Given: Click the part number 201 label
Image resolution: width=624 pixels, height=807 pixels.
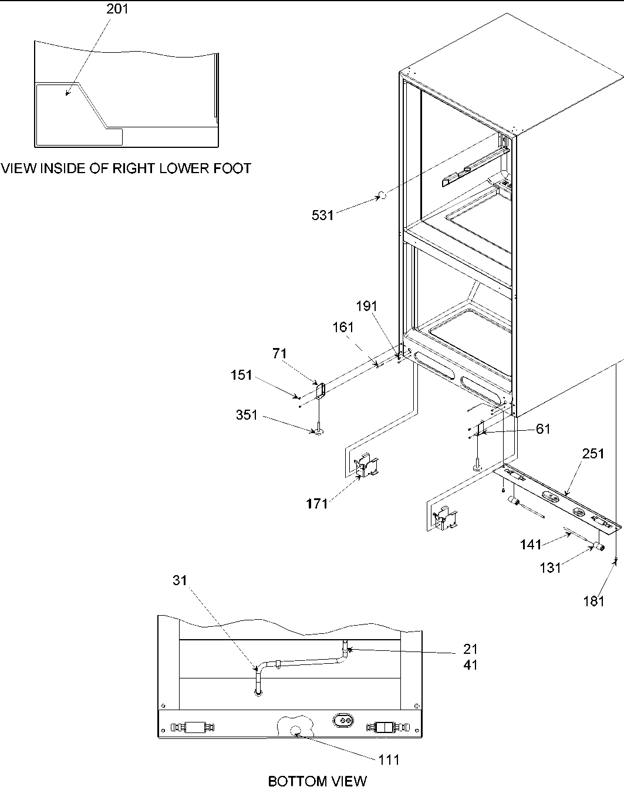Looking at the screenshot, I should (x=117, y=9).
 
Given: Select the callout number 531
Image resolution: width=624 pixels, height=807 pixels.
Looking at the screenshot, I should (x=322, y=215).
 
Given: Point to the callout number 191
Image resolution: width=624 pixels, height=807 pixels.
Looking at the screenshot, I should (x=367, y=306).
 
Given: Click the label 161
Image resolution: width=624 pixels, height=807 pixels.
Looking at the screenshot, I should (x=343, y=327).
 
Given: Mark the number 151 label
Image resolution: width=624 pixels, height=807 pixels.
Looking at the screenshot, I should (x=241, y=375).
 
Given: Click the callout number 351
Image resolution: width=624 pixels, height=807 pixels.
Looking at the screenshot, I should (x=247, y=415).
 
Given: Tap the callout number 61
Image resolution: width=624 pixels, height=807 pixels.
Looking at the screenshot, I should (x=544, y=429).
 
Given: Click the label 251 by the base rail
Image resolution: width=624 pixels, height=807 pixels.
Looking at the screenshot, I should (x=593, y=454).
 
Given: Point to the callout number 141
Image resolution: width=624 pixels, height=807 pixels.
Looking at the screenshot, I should (x=531, y=545).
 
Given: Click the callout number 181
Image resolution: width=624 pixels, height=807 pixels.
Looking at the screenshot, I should (x=593, y=600).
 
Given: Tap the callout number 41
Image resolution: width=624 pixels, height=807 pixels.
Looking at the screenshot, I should (x=470, y=665).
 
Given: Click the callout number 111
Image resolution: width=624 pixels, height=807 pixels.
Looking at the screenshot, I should (x=389, y=760).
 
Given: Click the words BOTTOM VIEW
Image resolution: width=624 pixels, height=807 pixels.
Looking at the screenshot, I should (x=317, y=781).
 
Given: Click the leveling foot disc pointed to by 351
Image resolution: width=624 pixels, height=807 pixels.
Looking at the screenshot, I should (x=319, y=432).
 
